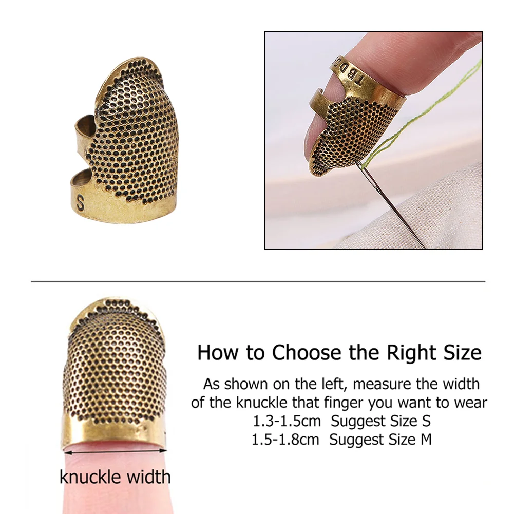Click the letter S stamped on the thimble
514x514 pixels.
coord(80,203)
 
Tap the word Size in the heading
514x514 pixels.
coord(463,353)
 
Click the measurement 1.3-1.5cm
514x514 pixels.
coord(287,421)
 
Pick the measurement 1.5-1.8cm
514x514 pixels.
coord(285,440)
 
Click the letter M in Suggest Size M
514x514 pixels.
coord(426,440)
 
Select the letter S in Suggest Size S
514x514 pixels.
coord(426,421)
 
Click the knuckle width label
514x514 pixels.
coord(115,477)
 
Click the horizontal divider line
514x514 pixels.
coord(258,281)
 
